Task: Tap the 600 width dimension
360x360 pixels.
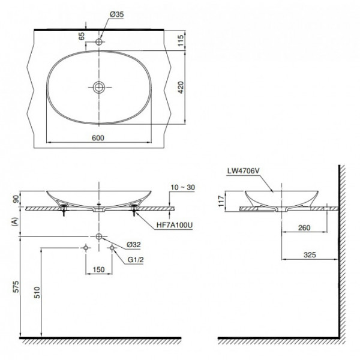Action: [98, 137]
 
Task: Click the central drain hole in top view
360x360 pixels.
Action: [99, 87]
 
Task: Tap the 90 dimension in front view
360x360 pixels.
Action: [14, 199]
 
